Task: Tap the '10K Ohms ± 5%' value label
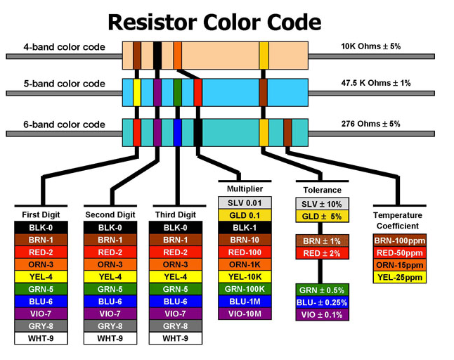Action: [370, 46]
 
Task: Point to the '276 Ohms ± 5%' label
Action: [370, 124]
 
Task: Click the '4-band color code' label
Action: [64, 47]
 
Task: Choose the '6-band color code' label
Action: [64, 124]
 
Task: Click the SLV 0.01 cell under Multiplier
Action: [245, 202]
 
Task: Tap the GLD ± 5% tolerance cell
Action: [322, 216]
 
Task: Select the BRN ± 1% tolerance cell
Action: [322, 240]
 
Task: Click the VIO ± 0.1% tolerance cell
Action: [322, 315]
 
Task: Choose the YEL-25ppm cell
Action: [398, 277]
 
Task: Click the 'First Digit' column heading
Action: [41, 214]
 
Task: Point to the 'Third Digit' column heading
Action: [175, 214]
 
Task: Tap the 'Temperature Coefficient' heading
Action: [398, 221]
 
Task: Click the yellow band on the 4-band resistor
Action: [264, 55]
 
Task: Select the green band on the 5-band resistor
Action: [178, 91]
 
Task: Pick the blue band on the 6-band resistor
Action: [178, 131]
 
